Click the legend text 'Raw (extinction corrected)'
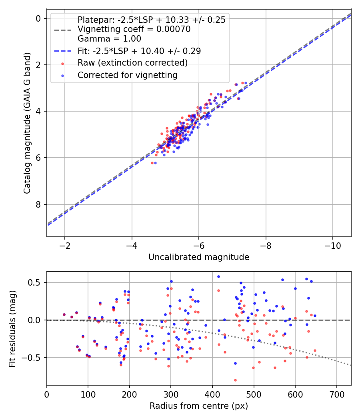coord(132,63)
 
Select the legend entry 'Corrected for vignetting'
coord(128,75)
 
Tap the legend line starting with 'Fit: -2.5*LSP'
coord(139,51)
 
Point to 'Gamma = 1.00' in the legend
coord(109,39)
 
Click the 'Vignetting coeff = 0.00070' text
coord(134,29)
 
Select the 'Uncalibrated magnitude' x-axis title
coord(199,257)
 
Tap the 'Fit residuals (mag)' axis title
coord(12,328)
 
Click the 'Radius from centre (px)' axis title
coord(199,406)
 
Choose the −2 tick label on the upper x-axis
coord(65,245)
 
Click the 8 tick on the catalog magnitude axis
coord(38,204)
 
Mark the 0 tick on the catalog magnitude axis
coord(38,18)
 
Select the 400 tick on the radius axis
coord(212,394)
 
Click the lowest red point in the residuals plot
coord(235,380)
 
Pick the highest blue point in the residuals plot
coord(218,276)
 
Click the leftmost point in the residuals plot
coord(64,315)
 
